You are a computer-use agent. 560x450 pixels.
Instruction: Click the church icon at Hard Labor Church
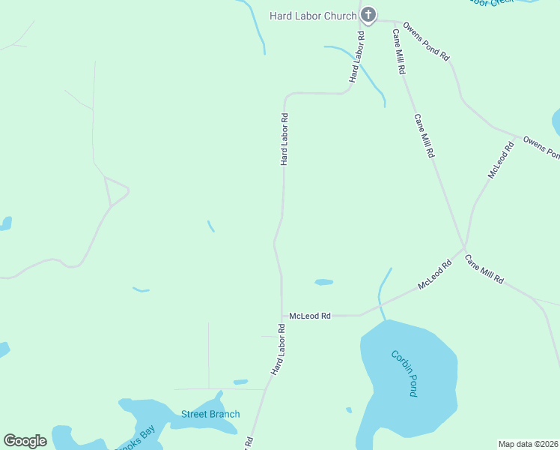coord(368,15)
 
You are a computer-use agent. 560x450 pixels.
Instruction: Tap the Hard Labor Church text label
coord(313,16)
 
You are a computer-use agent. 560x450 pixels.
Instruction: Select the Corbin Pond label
coord(404,373)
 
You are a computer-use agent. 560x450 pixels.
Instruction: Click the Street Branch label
coord(210,414)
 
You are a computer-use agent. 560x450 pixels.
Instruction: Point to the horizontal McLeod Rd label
coord(310,316)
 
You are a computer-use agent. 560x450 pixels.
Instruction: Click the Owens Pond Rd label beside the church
coord(425,41)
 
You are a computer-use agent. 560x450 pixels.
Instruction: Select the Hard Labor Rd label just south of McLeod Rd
coord(279,349)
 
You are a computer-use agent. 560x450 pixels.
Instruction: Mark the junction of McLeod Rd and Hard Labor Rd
coord(282,316)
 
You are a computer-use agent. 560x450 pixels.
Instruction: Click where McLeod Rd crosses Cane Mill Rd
coord(464,249)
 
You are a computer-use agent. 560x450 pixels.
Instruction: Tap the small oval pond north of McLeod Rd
coord(323,282)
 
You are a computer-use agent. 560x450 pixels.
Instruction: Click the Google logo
coord(25,441)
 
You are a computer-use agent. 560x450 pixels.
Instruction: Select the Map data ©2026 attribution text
coord(528,444)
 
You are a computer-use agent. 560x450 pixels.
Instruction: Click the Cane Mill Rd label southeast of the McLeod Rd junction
coord(484,268)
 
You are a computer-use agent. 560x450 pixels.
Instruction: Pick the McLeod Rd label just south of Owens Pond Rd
coord(501,160)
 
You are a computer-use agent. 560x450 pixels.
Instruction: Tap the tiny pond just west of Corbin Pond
coord(349,410)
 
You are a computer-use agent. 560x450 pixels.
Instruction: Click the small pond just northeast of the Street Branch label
coord(240,382)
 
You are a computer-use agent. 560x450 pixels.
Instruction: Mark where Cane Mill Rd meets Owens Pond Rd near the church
coord(394,22)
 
